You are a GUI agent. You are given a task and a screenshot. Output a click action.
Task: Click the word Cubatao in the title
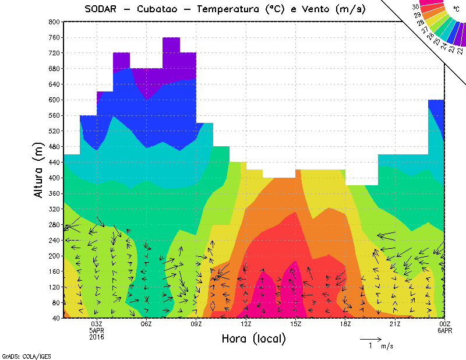pos(162,9)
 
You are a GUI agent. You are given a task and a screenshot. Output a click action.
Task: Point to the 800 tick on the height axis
pos(53,22)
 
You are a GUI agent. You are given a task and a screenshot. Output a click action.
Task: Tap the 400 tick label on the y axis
pos(53,178)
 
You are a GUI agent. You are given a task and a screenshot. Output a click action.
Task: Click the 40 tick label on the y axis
pos(55,319)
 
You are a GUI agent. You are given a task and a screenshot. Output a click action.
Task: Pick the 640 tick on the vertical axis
pos(53,84)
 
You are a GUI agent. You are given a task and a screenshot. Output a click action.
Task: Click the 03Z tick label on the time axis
pos(97,324)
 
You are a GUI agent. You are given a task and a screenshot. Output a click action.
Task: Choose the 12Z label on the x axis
pos(246,324)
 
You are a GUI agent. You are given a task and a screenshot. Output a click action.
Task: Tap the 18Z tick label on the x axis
pos(345,324)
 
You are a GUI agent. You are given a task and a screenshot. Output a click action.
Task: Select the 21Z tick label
pos(395,324)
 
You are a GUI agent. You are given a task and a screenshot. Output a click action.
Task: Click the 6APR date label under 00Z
pos(444,330)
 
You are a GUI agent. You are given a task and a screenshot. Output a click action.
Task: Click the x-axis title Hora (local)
pos(253,339)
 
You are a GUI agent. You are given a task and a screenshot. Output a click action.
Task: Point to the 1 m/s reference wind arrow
pos(370,338)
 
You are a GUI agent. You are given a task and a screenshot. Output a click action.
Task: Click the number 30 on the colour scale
pos(416,6)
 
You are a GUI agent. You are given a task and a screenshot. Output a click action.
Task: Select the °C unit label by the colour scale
pos(456,9)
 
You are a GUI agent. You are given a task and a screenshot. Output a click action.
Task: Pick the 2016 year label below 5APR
pos(97,336)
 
